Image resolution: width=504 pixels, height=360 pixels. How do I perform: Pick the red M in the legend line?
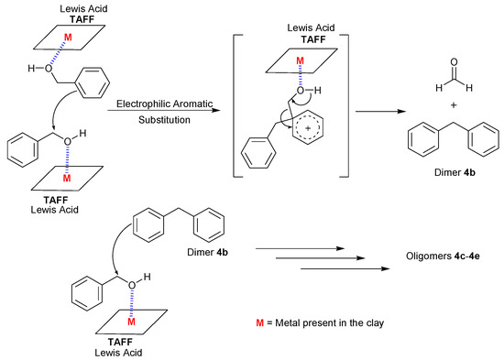pos(261,323)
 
